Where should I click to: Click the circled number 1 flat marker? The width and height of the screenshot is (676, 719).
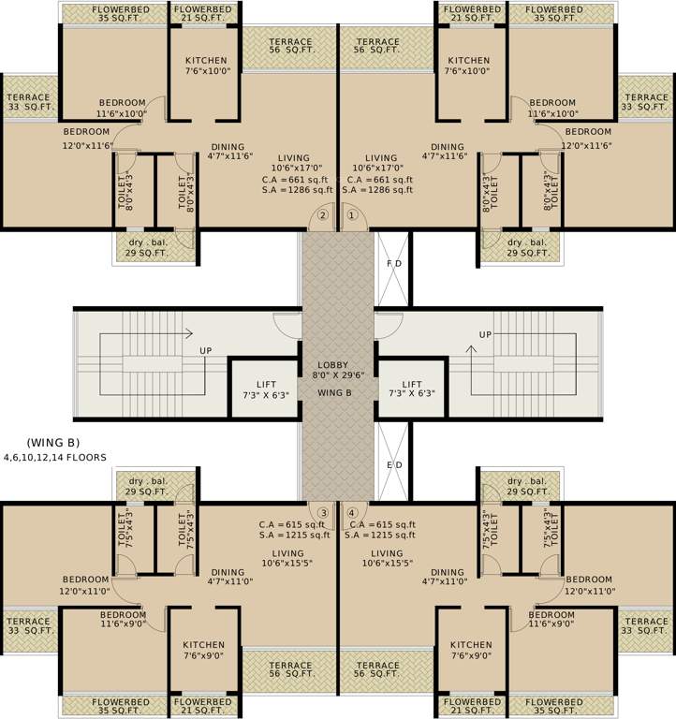[352, 214]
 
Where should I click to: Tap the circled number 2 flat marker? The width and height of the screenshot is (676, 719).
[323, 214]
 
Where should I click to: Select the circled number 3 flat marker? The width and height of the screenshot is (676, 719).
[323, 512]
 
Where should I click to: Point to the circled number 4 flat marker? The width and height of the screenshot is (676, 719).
[352, 512]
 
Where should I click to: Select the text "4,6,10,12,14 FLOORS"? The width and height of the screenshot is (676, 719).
[54, 457]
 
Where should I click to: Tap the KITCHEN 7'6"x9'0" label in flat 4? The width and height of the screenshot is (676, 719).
[471, 651]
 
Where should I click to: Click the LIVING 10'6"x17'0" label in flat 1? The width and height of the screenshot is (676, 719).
[381, 164]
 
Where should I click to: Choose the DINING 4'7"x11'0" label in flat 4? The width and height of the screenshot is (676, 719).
[448, 578]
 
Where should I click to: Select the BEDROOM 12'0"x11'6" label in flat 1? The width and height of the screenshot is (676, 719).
[587, 139]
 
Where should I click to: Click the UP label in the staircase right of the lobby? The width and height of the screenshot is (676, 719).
[485, 334]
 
